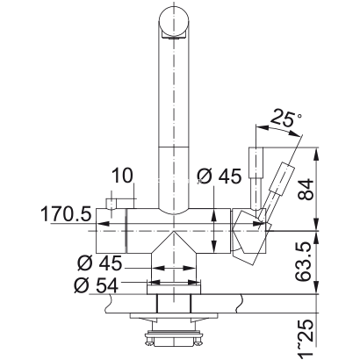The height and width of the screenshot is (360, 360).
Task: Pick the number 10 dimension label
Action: [x=123, y=176]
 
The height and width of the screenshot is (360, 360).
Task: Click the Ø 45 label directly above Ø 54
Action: [x=97, y=263]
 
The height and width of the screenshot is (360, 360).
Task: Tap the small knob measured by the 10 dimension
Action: [x=112, y=205]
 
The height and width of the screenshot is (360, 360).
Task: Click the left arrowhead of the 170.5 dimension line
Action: [x=100, y=226]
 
